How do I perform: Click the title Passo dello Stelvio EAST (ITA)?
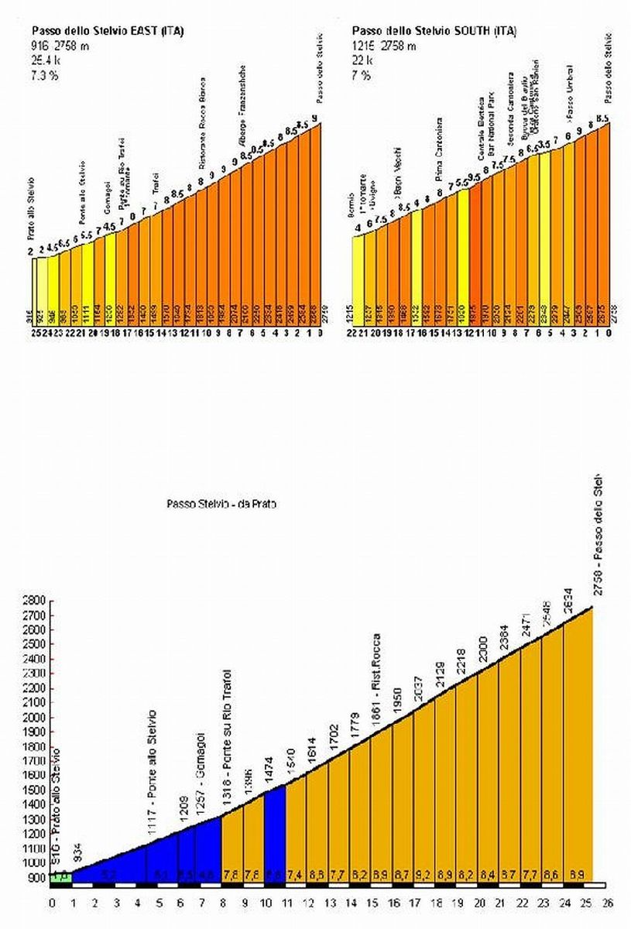108,32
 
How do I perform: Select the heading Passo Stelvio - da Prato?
221,503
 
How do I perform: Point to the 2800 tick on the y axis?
34,601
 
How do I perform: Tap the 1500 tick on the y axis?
34,790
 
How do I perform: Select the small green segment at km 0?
61,876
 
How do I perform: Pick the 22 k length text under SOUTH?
362,60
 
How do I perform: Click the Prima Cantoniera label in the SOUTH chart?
439,148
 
